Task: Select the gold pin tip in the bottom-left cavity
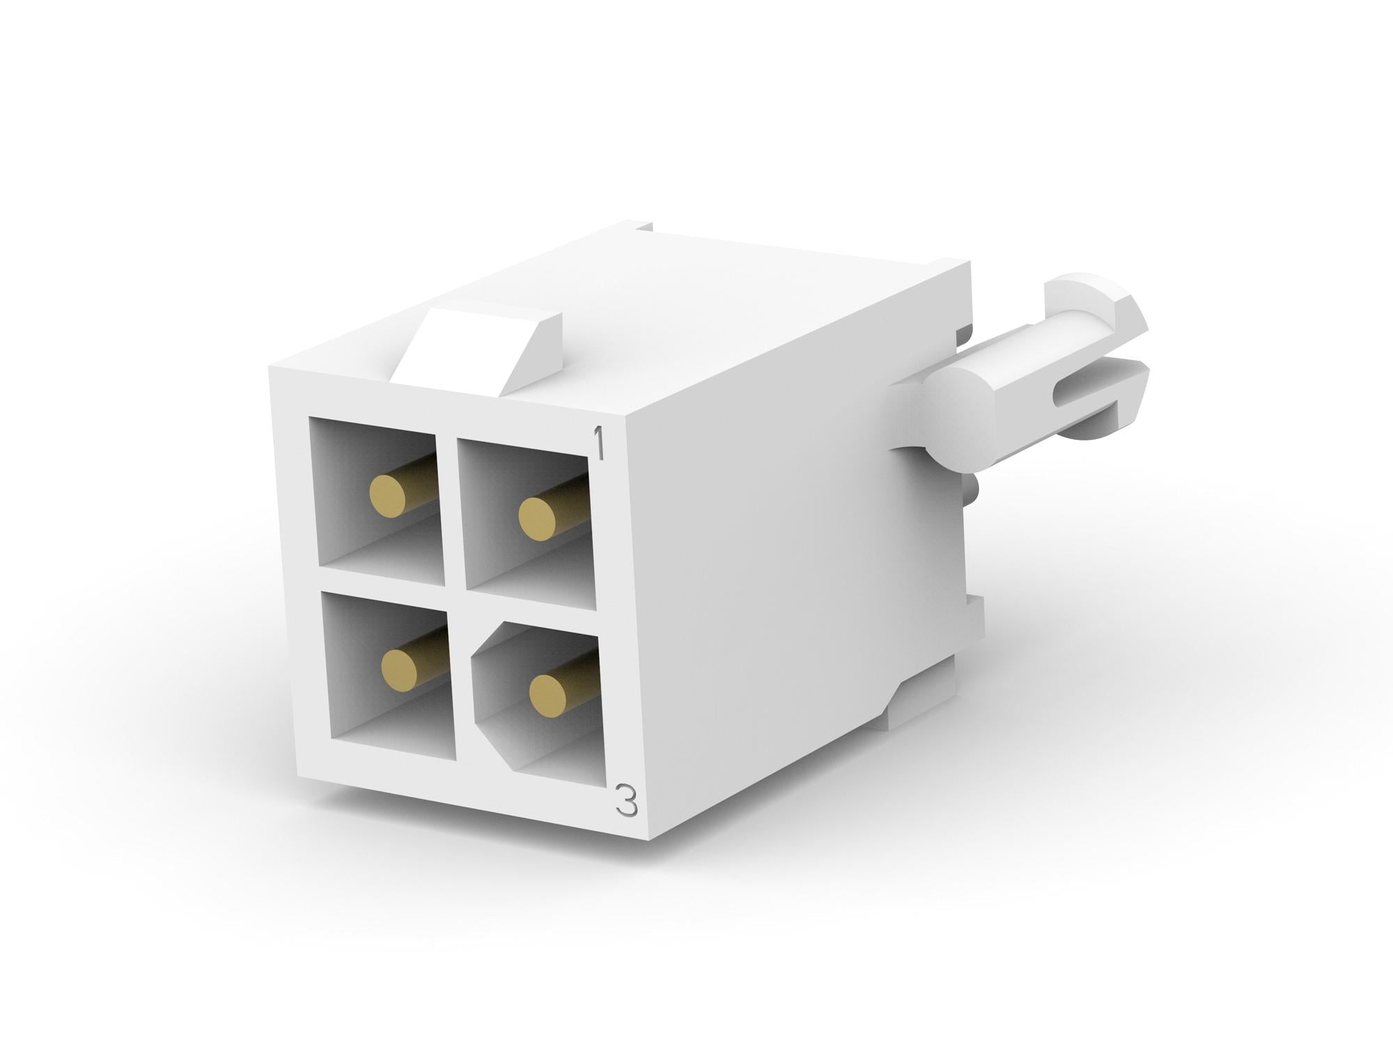(400, 670)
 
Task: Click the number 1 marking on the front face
(597, 444)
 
